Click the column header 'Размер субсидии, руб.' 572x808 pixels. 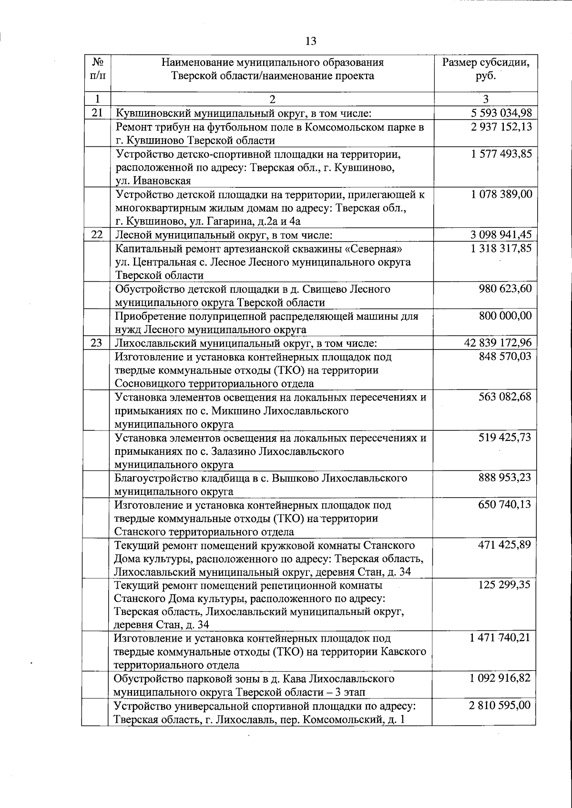pos(485,69)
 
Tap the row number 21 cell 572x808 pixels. pos(97,113)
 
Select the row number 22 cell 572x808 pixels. pos(97,235)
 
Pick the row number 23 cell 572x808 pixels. pos(97,343)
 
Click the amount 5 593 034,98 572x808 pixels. pos(500,113)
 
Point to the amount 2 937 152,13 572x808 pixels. pos(500,127)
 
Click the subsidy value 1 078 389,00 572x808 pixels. pos(500,194)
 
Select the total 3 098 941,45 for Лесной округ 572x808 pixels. pos(500,235)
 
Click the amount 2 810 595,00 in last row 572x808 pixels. pos(500,706)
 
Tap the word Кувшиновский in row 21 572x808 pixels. pos(155,113)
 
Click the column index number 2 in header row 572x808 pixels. pos(272,99)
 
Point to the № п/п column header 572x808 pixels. pos(97,69)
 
